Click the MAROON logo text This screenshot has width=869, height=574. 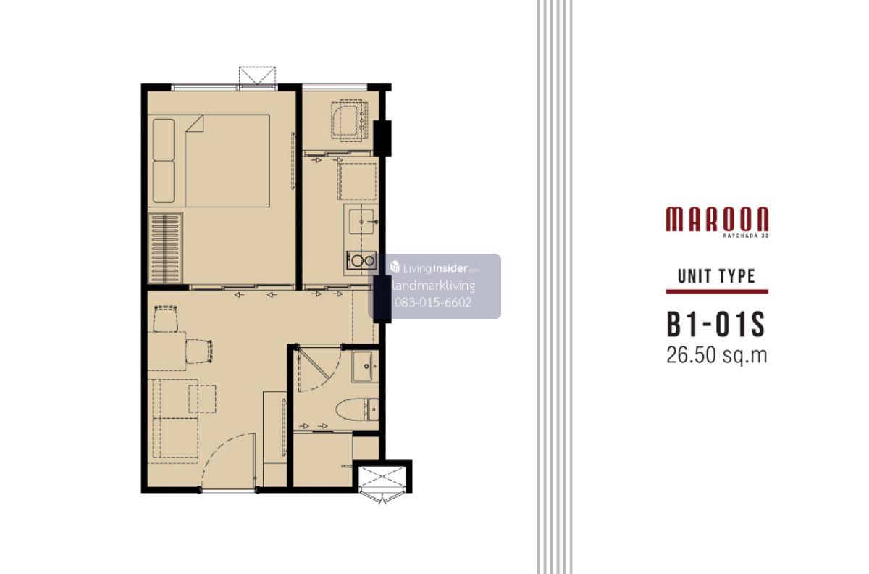[x=717, y=219]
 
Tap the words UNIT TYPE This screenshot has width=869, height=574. [x=716, y=275]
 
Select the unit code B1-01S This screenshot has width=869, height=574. [x=715, y=324]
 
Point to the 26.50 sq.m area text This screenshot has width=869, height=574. [x=716, y=354]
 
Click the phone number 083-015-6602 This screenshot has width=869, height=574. [x=433, y=302]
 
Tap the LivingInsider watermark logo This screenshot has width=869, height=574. [x=434, y=267]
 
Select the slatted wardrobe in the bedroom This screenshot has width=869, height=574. [x=165, y=247]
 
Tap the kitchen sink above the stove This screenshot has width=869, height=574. [x=361, y=221]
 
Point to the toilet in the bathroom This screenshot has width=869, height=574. [x=357, y=409]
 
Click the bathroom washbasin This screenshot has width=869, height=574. [x=366, y=366]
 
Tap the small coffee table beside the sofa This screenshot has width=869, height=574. [x=202, y=399]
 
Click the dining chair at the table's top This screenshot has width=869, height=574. [x=166, y=318]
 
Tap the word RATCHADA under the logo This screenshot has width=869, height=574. [x=736, y=235]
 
